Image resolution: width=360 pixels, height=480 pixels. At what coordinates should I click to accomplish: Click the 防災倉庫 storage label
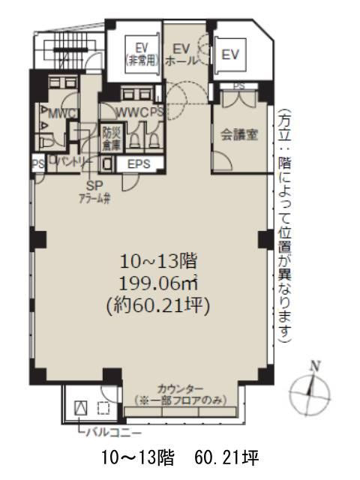pyautogui.click(x=109, y=136)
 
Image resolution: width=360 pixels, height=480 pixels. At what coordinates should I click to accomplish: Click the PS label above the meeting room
pyautogui.click(x=239, y=86)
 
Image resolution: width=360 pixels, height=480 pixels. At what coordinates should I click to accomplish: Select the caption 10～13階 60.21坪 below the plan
pyautogui.click(x=180, y=457)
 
